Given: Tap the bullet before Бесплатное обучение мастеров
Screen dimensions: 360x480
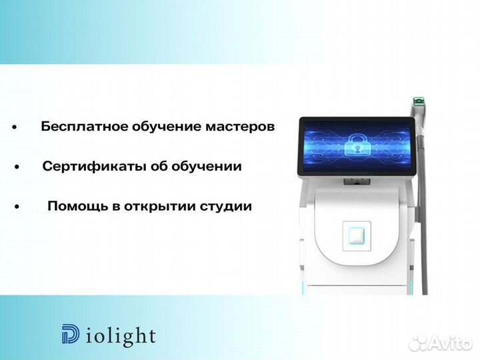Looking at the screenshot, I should coord(13,127).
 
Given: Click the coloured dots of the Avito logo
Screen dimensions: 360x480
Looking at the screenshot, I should coord(419,343).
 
